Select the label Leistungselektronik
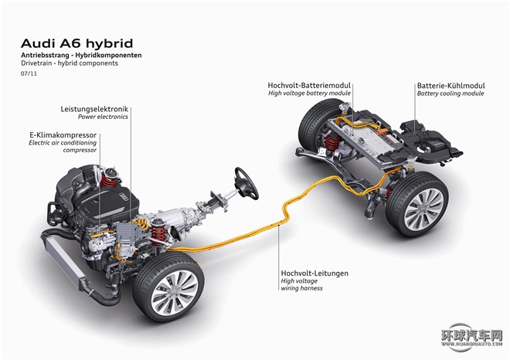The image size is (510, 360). [x=94, y=108]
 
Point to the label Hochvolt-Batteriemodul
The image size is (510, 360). [x=309, y=84]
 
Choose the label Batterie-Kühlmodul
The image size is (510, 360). [x=450, y=84]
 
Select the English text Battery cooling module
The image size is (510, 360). [x=450, y=93]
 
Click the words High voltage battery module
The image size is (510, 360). [x=309, y=93]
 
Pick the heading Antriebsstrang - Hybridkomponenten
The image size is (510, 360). [x=80, y=56]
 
